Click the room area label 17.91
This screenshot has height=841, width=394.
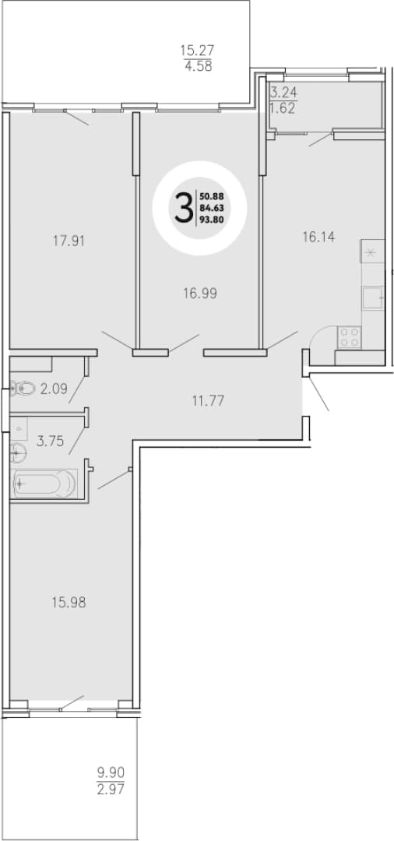point(69,241)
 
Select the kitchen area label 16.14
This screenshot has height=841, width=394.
point(319,237)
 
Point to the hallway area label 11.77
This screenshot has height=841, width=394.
point(206,400)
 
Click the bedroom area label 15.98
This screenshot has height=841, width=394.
point(69,602)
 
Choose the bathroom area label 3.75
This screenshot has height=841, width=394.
point(51,442)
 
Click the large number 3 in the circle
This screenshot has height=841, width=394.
point(184,209)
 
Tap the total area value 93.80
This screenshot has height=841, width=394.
point(212,218)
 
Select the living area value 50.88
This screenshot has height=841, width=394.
point(212,197)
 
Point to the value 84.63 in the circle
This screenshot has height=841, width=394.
point(212,208)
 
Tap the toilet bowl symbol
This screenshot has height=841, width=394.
point(23,389)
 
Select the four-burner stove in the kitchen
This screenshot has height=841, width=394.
point(350,337)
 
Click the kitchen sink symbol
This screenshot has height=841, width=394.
point(372,297)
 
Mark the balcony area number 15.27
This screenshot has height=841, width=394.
point(197,51)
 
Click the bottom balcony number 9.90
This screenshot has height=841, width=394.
point(111,773)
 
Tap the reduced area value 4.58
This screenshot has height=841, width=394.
point(197,67)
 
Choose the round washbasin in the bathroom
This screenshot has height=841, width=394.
point(18,453)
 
